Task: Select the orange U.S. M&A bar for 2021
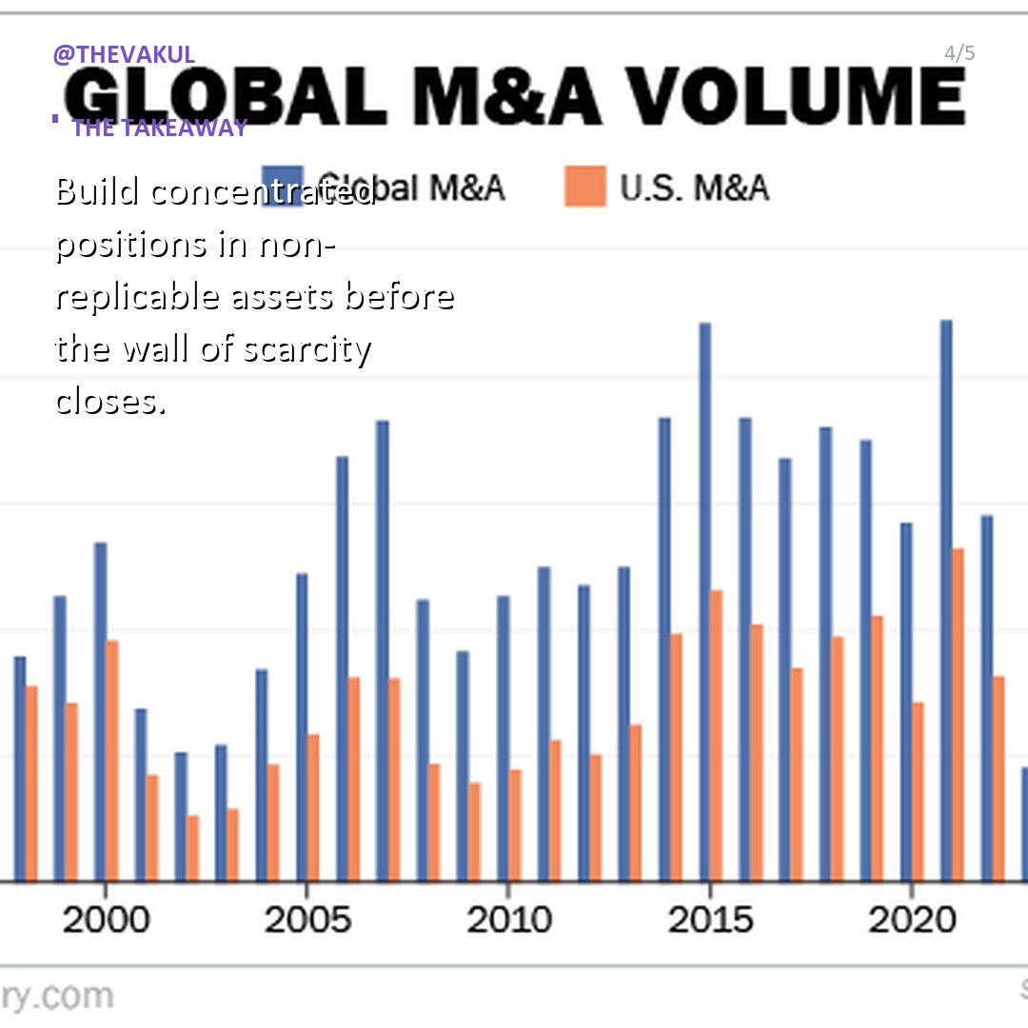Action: [x=958, y=714]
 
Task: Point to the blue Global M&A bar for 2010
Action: [x=503, y=738]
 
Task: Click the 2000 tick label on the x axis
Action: [x=105, y=919]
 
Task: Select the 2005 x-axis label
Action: [x=306, y=919]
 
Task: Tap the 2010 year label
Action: [x=508, y=919]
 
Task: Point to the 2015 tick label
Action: [x=710, y=919]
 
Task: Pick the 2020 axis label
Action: [x=912, y=919]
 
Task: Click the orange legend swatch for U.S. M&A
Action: [x=584, y=187]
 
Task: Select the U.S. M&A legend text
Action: [x=694, y=188]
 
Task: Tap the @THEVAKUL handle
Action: [x=124, y=54]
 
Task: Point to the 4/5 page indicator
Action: [x=959, y=53]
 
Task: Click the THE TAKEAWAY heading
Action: [x=159, y=128]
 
